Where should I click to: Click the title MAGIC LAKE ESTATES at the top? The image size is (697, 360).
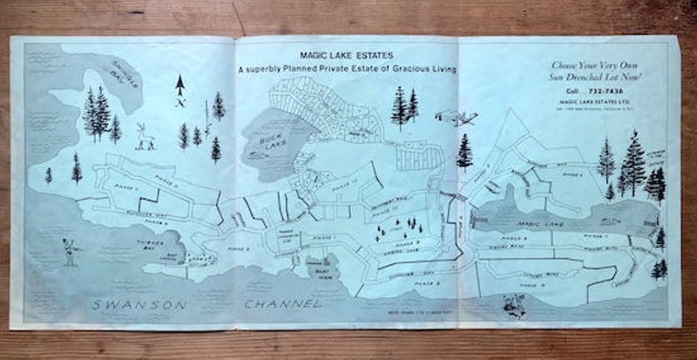coord(348,54)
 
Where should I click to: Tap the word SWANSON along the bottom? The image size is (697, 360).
coord(143,304)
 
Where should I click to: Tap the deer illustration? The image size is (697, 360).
coord(145,135)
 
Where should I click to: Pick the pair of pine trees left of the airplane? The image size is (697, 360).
coord(405,106)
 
